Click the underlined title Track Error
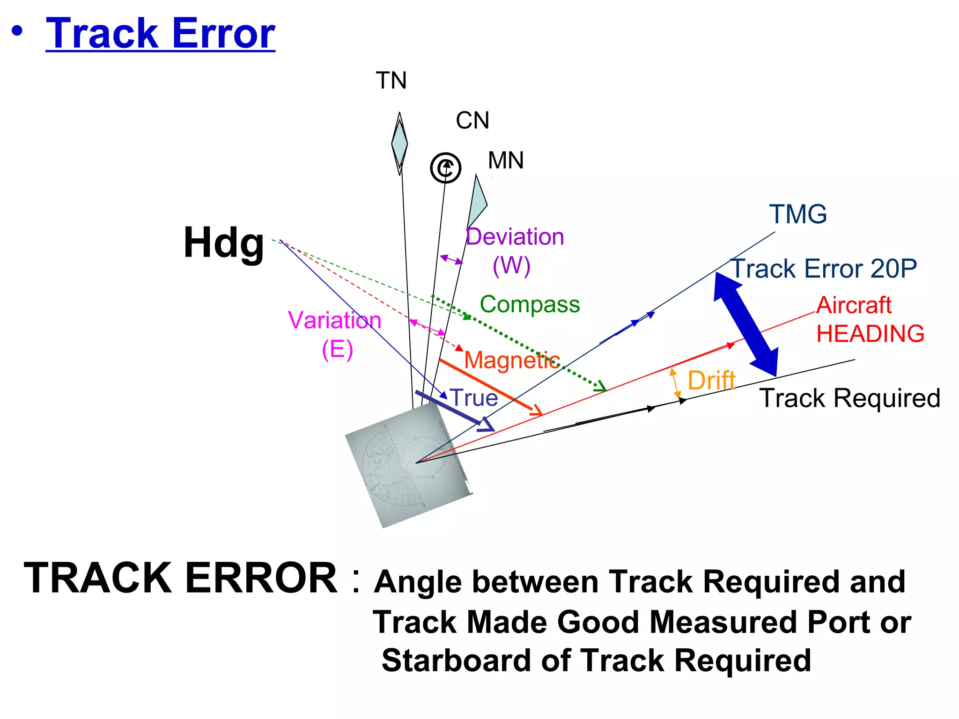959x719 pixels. (x=160, y=34)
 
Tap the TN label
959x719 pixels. (x=391, y=81)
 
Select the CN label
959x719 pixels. (x=472, y=121)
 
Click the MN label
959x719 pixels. (x=505, y=161)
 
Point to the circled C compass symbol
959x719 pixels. (x=445, y=168)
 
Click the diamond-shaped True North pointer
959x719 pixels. (x=399, y=143)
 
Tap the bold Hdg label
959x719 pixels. (x=224, y=242)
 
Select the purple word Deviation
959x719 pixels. (x=515, y=237)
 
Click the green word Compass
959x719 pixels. (x=530, y=305)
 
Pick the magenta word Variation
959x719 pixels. (x=334, y=321)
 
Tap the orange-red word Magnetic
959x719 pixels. (x=512, y=360)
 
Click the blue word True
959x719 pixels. (x=474, y=398)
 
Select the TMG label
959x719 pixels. (x=798, y=214)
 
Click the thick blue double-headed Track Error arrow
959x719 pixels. (x=745, y=324)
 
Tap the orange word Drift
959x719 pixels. (x=711, y=380)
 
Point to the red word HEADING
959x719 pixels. (x=870, y=334)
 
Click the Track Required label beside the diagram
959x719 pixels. (x=849, y=398)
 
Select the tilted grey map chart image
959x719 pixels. (x=408, y=466)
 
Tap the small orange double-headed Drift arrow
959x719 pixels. (x=675, y=383)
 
